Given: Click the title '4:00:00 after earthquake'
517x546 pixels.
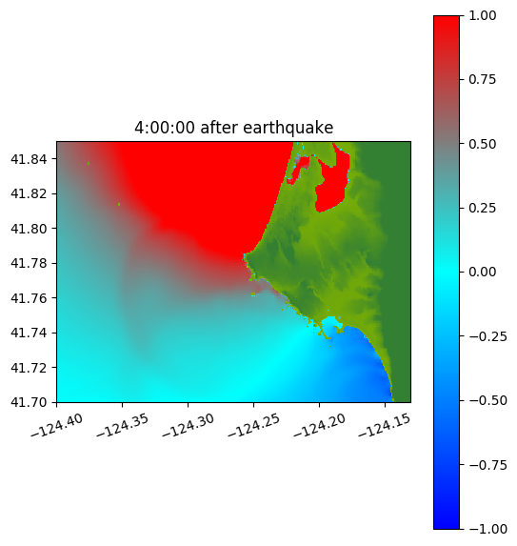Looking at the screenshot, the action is point(234,128).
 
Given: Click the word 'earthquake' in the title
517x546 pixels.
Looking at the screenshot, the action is point(288,128).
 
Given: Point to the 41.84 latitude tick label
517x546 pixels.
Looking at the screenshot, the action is point(29,159).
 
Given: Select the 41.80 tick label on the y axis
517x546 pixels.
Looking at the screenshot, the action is point(29,229).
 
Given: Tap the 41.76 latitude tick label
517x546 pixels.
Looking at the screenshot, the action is point(29,298).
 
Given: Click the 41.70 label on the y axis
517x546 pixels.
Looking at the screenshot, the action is point(29,402).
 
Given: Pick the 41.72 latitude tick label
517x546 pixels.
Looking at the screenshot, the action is point(29,368).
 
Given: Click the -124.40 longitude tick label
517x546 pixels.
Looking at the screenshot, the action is point(57,425).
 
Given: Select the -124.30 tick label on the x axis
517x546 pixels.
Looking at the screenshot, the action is point(189,425).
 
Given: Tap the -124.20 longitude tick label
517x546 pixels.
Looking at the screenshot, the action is point(320,425).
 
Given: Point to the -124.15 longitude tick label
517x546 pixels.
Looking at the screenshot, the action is point(385,425).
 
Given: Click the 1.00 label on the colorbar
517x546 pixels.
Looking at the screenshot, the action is point(482,15).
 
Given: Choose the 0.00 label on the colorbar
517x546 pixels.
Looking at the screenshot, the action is point(482,272).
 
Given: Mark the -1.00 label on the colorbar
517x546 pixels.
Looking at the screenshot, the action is point(487,529).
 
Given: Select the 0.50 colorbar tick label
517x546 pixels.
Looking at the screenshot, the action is point(482,144).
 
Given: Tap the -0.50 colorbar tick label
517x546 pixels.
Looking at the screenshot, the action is point(487,400).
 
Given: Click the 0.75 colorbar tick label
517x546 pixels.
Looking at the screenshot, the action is point(482,80).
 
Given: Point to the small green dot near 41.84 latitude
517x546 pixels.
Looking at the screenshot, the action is point(89,163).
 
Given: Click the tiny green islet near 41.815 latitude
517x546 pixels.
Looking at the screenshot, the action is point(119,205).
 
